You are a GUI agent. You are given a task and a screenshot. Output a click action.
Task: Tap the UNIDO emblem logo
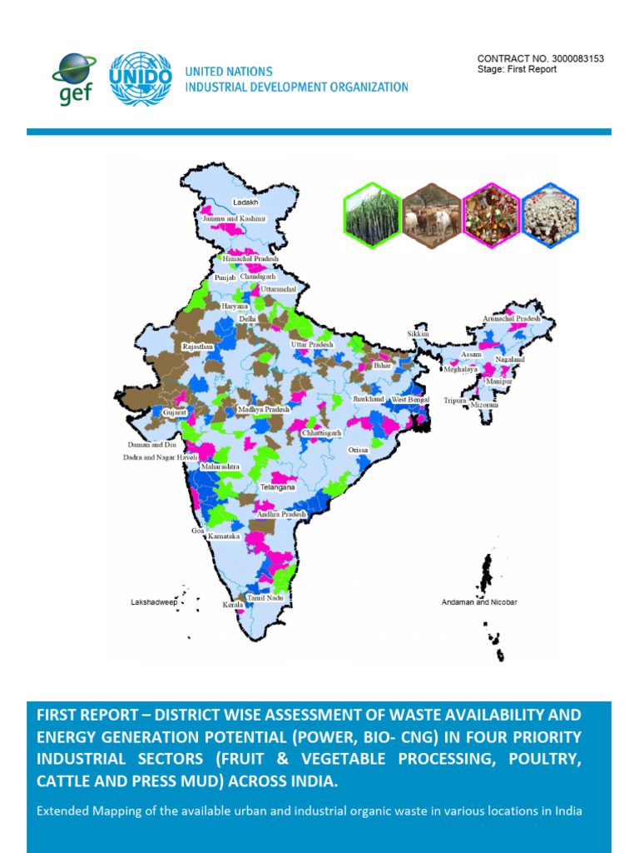click(141, 79)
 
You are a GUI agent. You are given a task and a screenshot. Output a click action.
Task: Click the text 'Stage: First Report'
click(517, 70)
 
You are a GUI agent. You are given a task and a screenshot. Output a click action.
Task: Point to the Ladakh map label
click(245, 202)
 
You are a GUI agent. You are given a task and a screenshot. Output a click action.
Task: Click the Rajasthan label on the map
click(198, 346)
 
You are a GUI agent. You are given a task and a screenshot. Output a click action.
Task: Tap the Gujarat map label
click(175, 412)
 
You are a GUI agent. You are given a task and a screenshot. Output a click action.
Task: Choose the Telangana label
click(277, 486)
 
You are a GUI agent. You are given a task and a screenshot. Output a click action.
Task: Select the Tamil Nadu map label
click(265, 598)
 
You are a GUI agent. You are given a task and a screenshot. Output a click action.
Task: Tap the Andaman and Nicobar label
click(478, 601)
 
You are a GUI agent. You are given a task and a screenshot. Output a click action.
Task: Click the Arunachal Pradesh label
click(512, 318)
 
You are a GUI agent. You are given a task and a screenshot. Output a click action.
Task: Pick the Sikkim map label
click(418, 333)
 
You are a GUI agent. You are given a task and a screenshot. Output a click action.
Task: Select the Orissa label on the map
click(358, 450)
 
